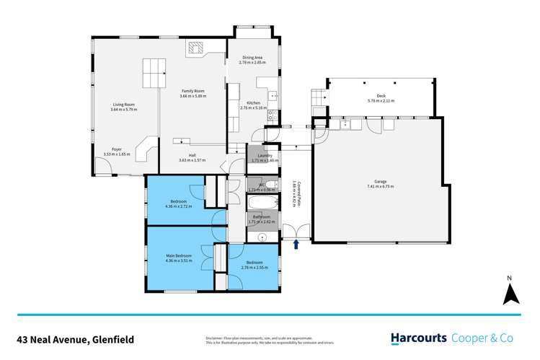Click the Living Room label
coord(123,105)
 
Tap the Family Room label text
coord(193,92)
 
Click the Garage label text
coord(379,182)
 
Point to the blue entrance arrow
coord(296,245)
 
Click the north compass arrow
coord(510,293)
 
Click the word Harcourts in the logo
coord(419,338)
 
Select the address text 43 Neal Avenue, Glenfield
coord(76,338)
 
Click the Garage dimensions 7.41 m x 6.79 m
coord(379,187)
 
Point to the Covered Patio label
coord(293,193)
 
